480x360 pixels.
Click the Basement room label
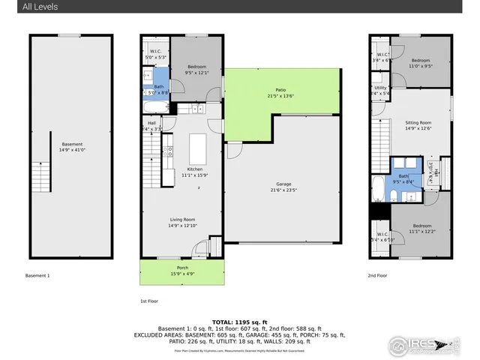[x=72, y=144]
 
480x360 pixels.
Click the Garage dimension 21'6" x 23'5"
[x=283, y=190]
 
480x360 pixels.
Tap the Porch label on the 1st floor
[x=181, y=268]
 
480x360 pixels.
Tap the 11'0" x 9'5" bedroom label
[x=420, y=63]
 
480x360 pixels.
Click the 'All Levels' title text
[x=40, y=7]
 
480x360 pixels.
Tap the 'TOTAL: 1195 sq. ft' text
[x=239, y=321]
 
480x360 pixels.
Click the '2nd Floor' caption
[x=378, y=276]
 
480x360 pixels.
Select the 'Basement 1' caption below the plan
[x=37, y=276]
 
